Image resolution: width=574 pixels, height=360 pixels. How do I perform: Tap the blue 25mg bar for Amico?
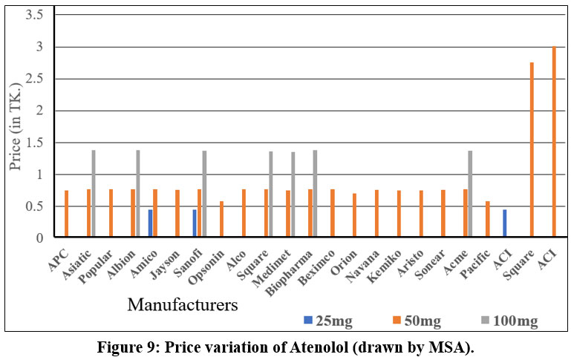(150, 223)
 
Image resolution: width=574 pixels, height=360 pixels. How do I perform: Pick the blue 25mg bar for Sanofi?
(195, 223)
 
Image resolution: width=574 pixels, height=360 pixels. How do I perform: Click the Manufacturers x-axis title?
(183, 304)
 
